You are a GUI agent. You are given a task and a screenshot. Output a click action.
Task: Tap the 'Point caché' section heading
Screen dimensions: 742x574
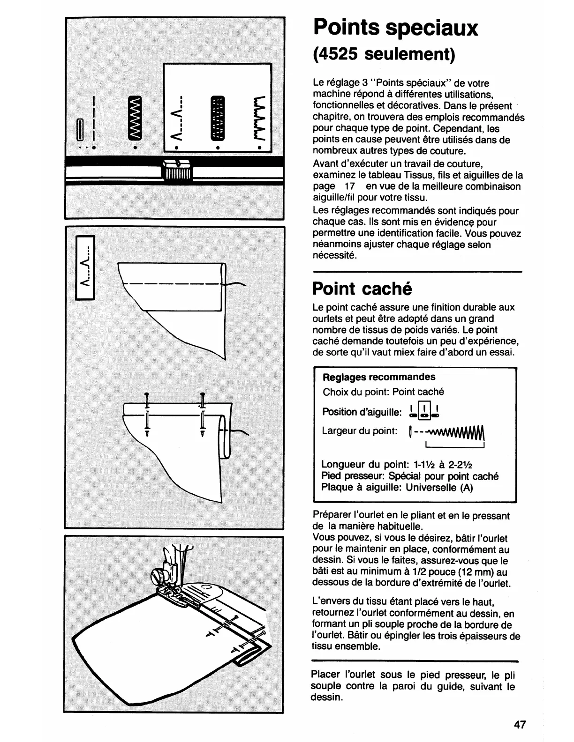(362, 289)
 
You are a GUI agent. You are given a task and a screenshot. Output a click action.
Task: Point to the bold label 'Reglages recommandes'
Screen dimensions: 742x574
(379, 377)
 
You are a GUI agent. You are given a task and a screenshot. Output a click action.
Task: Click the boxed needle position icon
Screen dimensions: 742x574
(424, 410)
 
